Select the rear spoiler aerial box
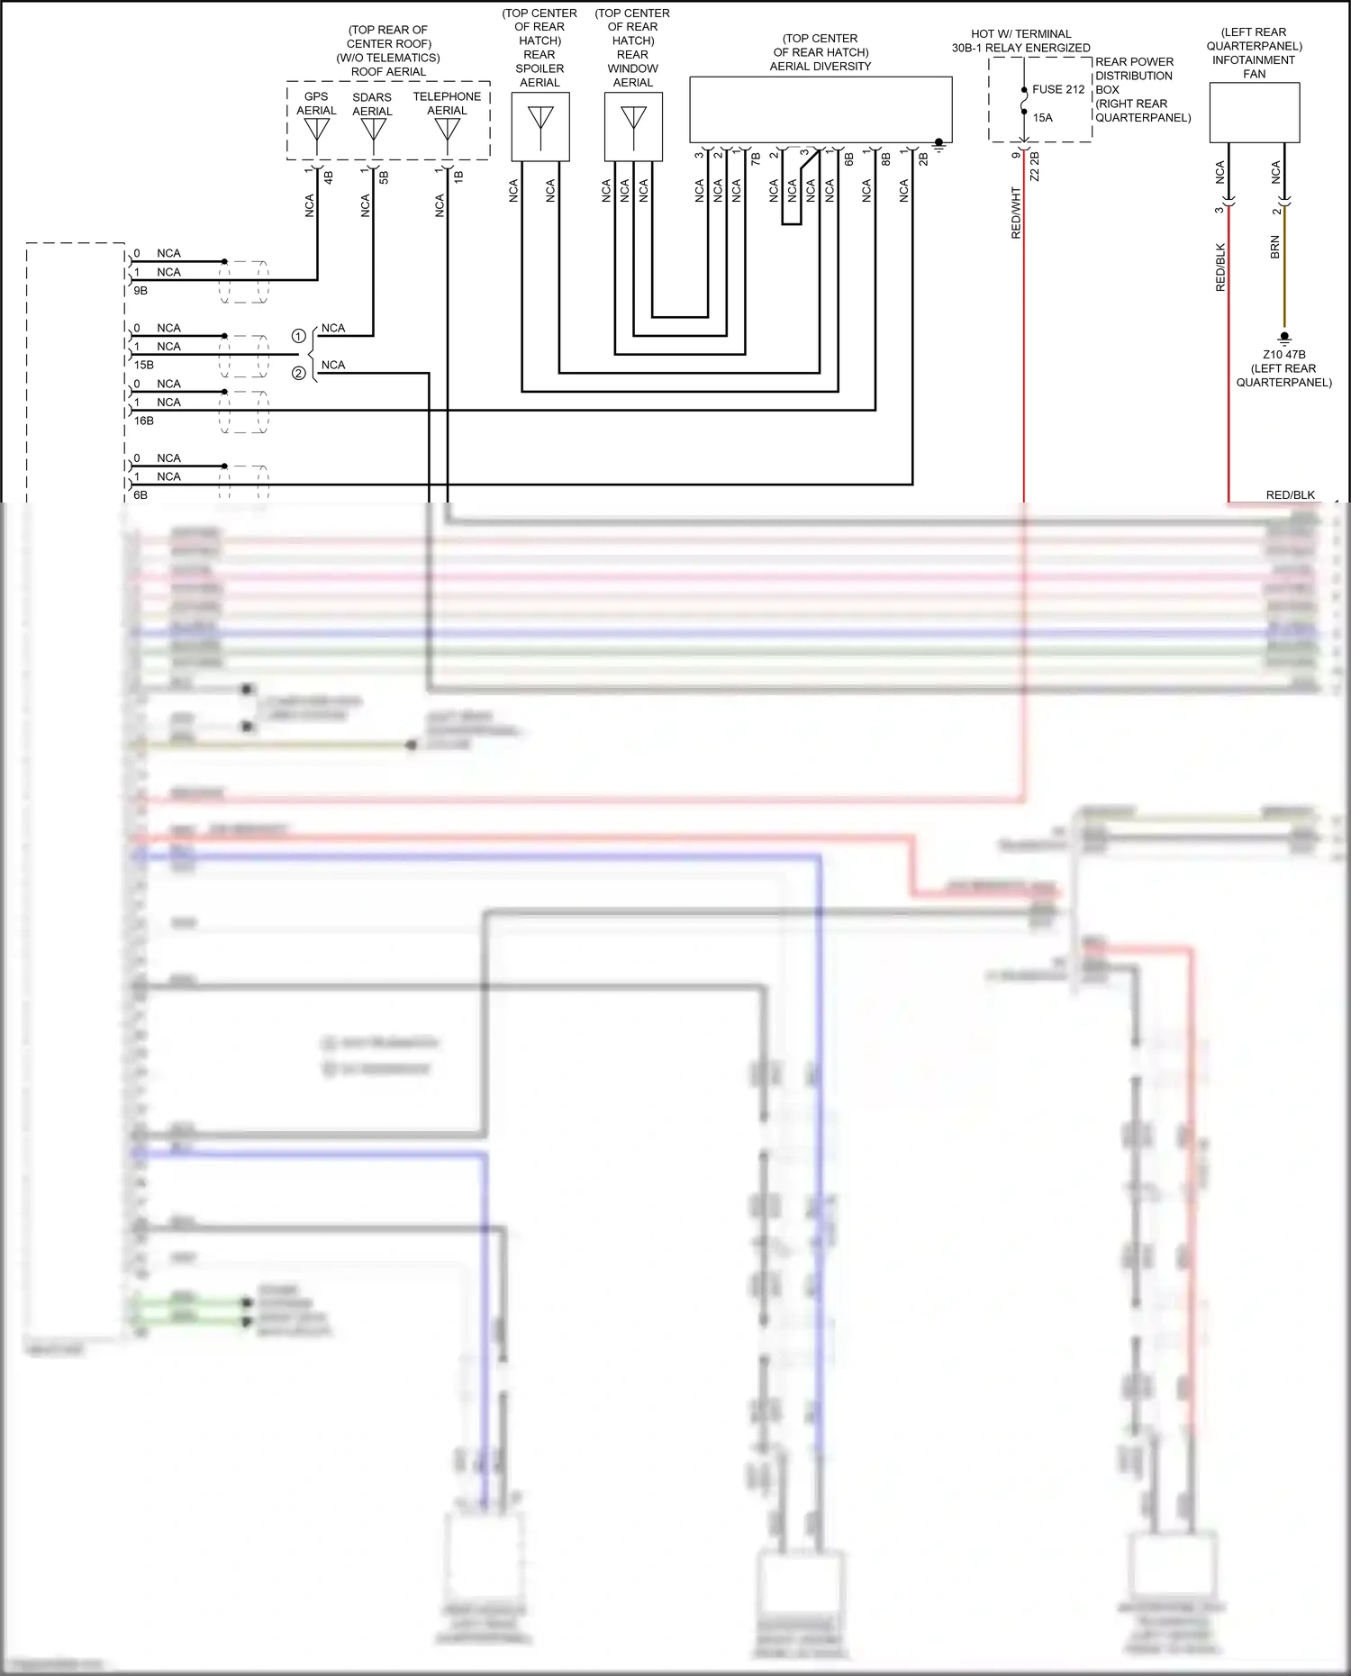point(540,127)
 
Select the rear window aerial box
point(633,127)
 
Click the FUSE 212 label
point(1058,89)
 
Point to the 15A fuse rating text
point(1042,117)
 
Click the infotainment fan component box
point(1254,113)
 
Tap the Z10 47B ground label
point(1283,355)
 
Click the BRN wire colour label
point(1274,247)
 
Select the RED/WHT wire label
point(1016,213)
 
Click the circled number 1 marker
point(299,336)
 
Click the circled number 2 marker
point(299,373)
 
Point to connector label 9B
point(141,291)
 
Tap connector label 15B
point(143,365)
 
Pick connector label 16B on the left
point(143,421)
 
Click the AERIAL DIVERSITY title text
point(820,66)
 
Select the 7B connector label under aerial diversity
point(756,159)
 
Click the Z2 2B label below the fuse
point(1034,166)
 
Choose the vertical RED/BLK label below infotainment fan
point(1220,267)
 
